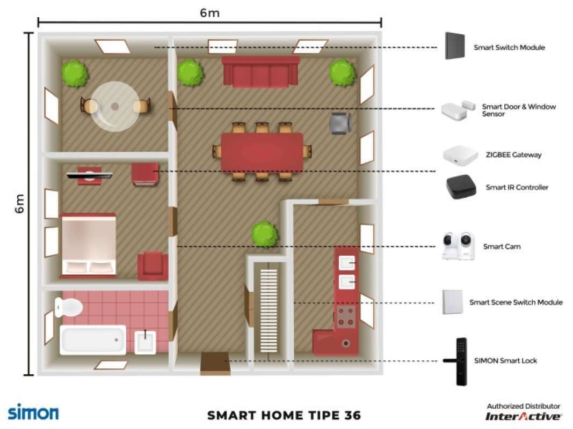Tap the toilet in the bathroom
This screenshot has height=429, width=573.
pos(68,307)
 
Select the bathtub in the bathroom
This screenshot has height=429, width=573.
pos(92,340)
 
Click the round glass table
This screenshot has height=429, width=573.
pos(114,106)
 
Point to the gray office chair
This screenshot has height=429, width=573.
pos(340,123)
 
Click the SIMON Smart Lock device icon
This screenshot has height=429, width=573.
pos(460,361)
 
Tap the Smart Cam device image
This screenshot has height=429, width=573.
pos(458,247)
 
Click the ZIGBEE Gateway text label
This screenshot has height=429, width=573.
pos(513,155)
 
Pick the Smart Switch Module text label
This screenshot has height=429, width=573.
pos(509,48)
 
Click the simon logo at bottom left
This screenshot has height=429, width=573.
pos(33,412)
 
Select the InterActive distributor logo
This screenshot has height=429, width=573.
pos(524,416)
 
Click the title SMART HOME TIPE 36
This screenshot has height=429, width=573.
pos(284,416)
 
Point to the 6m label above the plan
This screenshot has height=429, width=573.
pos(209,13)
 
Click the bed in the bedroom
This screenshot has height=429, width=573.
pos(89,245)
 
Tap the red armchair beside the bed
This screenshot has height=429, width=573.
pos(153,266)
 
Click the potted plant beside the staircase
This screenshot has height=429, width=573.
pos(265,234)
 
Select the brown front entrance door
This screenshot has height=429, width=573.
pos(215,363)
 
